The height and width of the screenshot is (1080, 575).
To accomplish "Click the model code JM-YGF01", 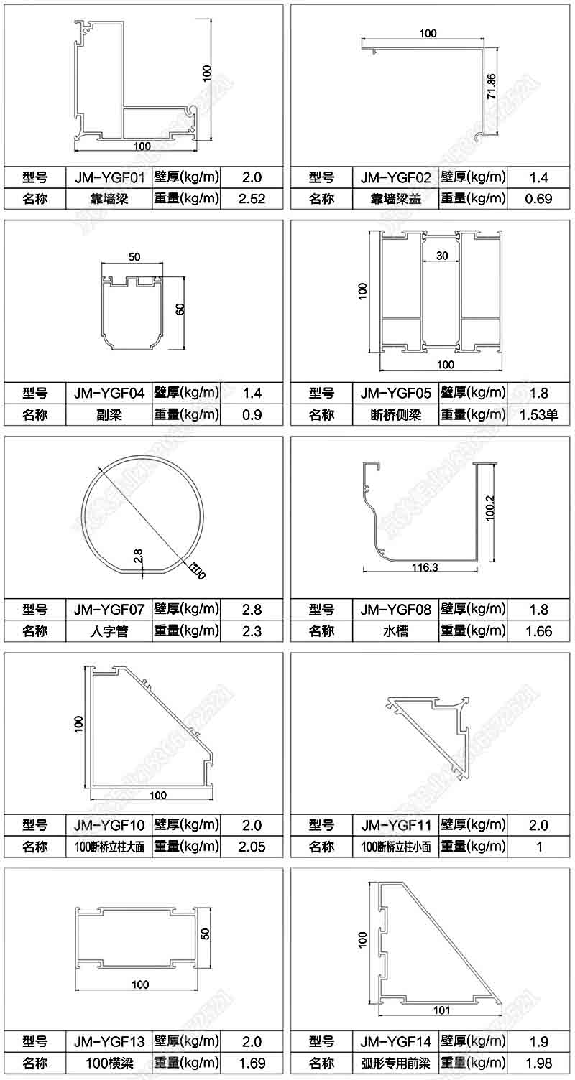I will [x=109, y=177].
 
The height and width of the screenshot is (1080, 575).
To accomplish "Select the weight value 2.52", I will [x=252, y=199].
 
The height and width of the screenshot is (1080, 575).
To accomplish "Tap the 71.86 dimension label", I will [x=491, y=86].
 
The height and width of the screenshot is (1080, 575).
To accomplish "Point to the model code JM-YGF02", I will [x=395, y=177].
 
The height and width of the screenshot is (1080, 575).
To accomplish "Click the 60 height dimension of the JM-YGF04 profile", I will [x=181, y=309].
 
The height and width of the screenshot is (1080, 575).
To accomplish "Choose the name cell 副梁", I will [x=109, y=414].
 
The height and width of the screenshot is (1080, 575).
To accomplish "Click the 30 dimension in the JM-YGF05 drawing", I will [x=441, y=256].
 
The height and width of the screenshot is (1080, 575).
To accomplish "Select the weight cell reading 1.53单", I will [x=538, y=414].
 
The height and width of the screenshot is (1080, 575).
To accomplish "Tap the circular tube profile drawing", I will [x=143, y=513].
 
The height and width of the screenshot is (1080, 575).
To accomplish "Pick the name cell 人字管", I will [x=109, y=631].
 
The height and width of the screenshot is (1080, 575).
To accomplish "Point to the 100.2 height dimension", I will [x=491, y=511].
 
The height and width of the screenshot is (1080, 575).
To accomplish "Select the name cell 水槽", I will [x=395, y=631].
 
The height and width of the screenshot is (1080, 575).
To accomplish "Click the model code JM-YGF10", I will [x=109, y=825].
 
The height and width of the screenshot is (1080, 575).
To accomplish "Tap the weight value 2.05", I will [x=252, y=847].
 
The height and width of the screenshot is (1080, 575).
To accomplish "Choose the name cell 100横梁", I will [x=109, y=1063].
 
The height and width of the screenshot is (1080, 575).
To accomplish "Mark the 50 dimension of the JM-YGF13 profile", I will [x=205, y=934].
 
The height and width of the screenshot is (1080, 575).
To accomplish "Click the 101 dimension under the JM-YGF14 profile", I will [x=442, y=1010].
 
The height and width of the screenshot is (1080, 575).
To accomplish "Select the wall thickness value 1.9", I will [x=538, y=1041].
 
